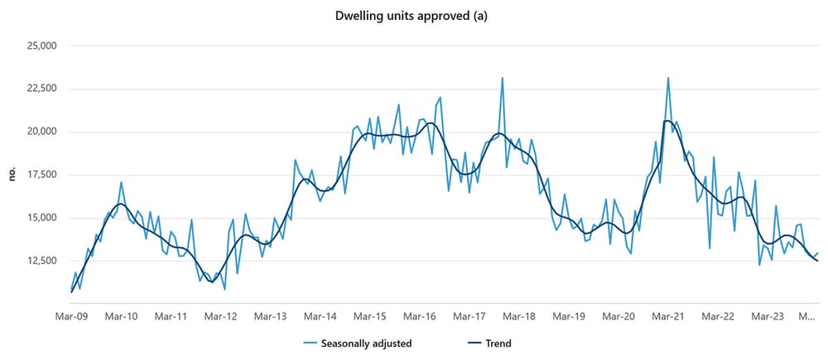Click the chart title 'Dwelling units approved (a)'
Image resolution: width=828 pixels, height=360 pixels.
pos(413,15)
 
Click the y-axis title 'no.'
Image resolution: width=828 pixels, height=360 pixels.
pos(12,174)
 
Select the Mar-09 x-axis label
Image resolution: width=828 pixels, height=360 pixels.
pos(72,316)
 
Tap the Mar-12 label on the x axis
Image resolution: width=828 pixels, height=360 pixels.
pos(221,316)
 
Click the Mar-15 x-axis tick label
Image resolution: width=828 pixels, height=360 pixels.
pos(370,316)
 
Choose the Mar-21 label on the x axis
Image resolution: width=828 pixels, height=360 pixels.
pos(668,316)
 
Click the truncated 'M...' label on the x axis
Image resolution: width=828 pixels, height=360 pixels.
pos(808,316)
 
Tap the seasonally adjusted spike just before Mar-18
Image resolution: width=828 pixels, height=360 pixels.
pos(502,79)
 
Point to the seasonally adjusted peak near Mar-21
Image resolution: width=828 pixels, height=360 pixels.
pos(668,79)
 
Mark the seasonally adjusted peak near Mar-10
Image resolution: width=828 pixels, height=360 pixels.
pos(121,182)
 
